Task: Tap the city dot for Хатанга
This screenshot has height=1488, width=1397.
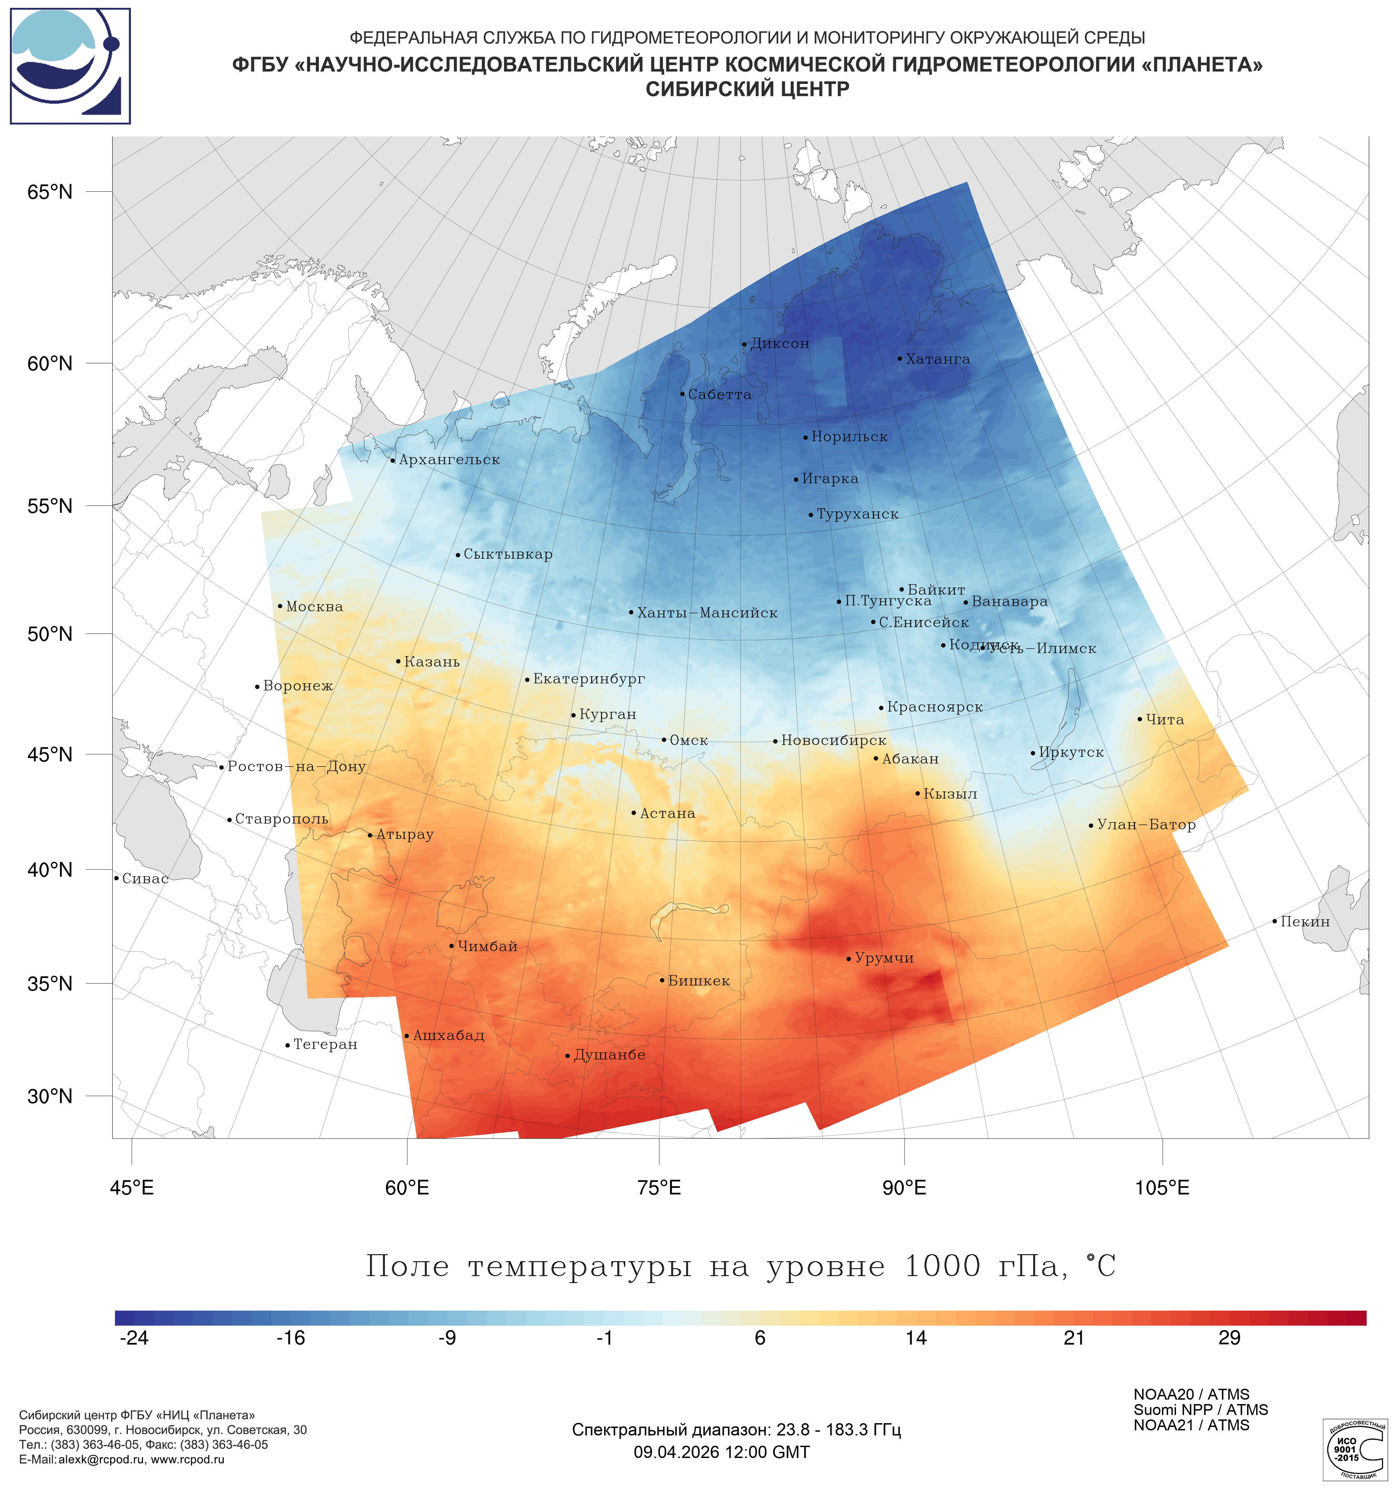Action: pyautogui.click(x=899, y=359)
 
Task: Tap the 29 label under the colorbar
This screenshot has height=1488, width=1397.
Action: pyautogui.click(x=1230, y=1338)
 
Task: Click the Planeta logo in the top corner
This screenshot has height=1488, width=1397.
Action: pyautogui.click(x=70, y=66)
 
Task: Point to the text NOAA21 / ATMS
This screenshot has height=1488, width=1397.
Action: pyautogui.click(x=1191, y=1425)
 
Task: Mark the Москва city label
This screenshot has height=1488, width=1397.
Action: pyautogui.click(x=314, y=607)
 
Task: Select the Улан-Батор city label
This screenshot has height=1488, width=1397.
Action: pyautogui.click(x=1146, y=825)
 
